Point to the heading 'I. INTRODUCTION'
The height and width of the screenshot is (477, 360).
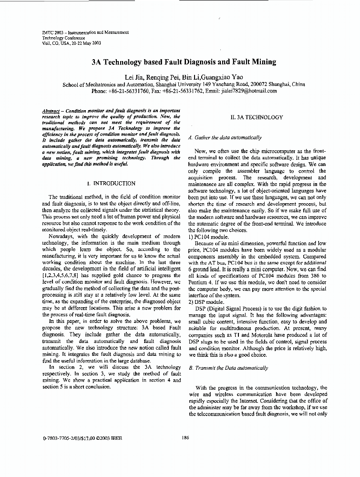[114, 183]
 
